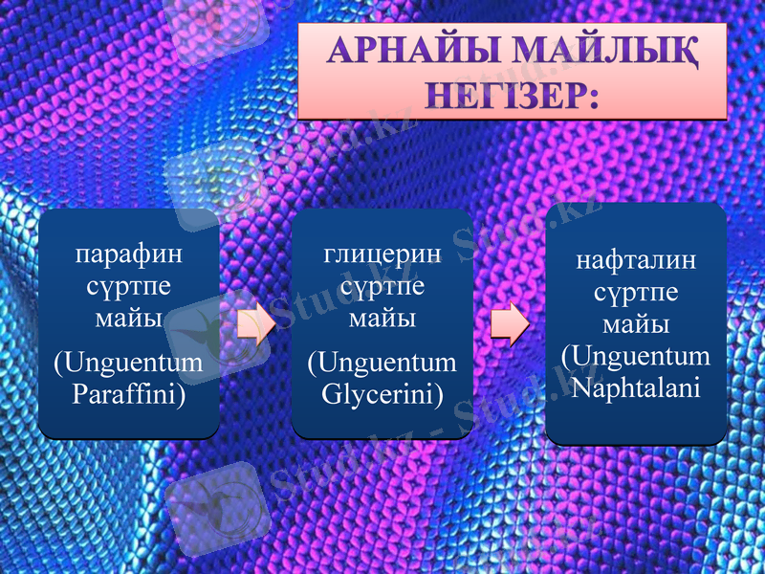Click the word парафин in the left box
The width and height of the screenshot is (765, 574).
[x=129, y=255]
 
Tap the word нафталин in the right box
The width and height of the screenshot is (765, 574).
[x=636, y=260]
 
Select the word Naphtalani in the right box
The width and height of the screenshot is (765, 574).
[x=636, y=388]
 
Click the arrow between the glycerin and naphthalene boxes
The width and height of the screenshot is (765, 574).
[x=510, y=324]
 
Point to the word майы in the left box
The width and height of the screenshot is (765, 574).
[x=129, y=317]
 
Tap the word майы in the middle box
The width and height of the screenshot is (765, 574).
[x=382, y=318]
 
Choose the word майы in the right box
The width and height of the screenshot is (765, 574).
[x=636, y=323]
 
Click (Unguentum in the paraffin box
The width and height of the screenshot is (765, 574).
[x=129, y=364]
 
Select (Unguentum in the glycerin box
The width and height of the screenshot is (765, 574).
[x=382, y=364]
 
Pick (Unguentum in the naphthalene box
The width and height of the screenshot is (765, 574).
[x=636, y=356]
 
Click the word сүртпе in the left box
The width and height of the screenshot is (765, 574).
[x=129, y=286]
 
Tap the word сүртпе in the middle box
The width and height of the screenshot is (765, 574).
[x=382, y=286]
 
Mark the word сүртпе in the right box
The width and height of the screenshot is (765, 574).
[x=636, y=292]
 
